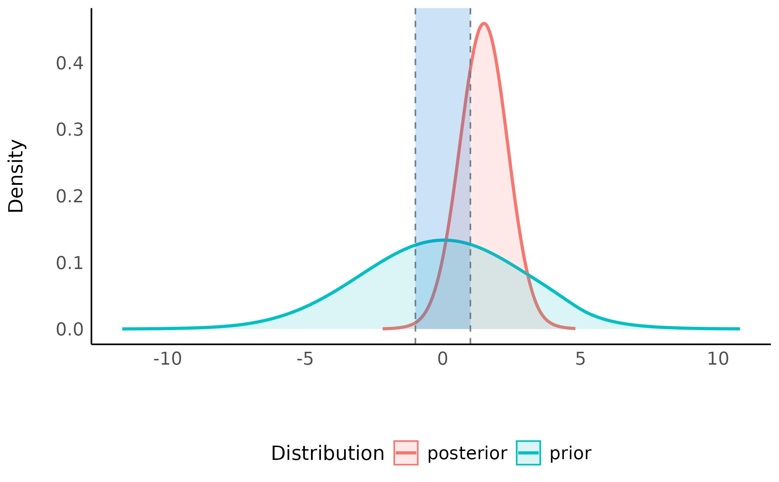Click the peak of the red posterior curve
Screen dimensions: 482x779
484,24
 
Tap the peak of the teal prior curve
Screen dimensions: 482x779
444,240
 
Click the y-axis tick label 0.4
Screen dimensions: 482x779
70,64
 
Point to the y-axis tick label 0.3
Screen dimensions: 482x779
70,130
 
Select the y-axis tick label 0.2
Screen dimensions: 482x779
70,197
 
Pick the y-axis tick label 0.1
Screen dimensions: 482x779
70,263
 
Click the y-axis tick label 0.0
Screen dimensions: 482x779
70,330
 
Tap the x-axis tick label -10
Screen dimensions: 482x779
167,359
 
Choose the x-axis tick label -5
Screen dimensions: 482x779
305,359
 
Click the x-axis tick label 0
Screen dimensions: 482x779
442,359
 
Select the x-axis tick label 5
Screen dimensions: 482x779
580,359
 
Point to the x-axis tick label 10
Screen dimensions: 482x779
718,359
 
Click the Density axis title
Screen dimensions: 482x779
16,176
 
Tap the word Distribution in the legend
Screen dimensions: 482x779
327,453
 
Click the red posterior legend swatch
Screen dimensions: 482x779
406,453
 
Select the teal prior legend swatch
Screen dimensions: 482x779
528,453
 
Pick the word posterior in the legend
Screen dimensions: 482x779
467,453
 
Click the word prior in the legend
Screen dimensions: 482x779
570,453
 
